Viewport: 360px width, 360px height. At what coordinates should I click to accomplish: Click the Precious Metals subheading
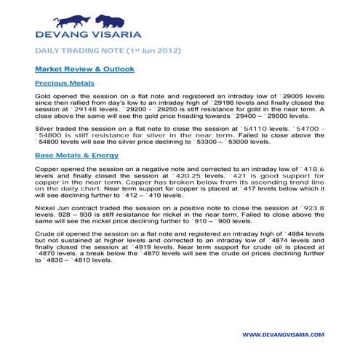pos(60,84)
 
